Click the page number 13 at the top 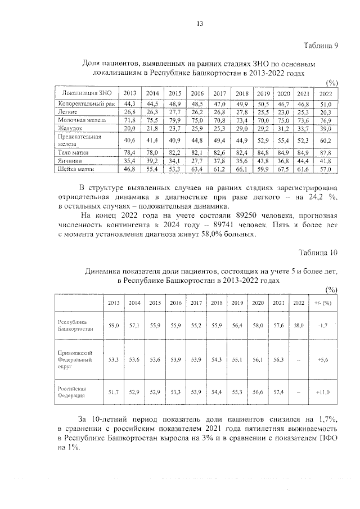(199, 23)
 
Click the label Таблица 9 (319, 46)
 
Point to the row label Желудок (70, 128)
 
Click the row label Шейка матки (78, 168)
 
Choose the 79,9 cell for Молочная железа (175, 120)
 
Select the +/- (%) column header (323, 303)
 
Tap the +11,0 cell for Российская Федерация (323, 391)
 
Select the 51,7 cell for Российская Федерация (114, 391)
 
